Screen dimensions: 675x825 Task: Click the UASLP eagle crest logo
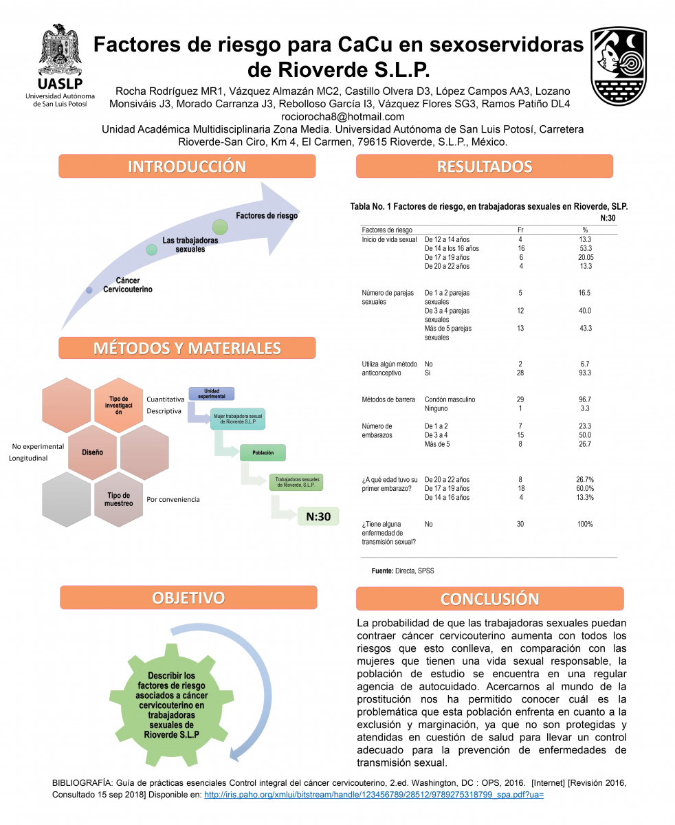60,49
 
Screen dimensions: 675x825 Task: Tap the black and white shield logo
618,67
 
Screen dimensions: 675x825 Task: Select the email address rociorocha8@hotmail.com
342,117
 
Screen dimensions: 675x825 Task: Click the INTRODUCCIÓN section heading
187,166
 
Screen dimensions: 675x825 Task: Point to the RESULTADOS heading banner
484,166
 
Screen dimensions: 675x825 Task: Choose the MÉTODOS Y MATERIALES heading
187,348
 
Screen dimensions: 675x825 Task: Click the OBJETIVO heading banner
188,597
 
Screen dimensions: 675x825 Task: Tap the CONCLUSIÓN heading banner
489,599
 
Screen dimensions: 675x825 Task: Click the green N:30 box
318,516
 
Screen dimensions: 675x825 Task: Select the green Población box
263,452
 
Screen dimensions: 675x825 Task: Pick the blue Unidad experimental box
212,393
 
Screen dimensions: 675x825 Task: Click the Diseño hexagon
92,452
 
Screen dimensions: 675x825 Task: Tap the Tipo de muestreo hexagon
118,500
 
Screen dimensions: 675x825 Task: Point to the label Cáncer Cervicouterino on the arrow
127,285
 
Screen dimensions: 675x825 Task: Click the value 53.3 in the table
586,248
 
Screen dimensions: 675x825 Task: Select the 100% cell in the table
585,524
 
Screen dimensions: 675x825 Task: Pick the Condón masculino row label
450,399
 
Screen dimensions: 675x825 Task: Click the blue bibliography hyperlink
374,795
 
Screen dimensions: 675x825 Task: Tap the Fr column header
520,230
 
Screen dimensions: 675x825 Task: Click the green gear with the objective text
171,705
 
